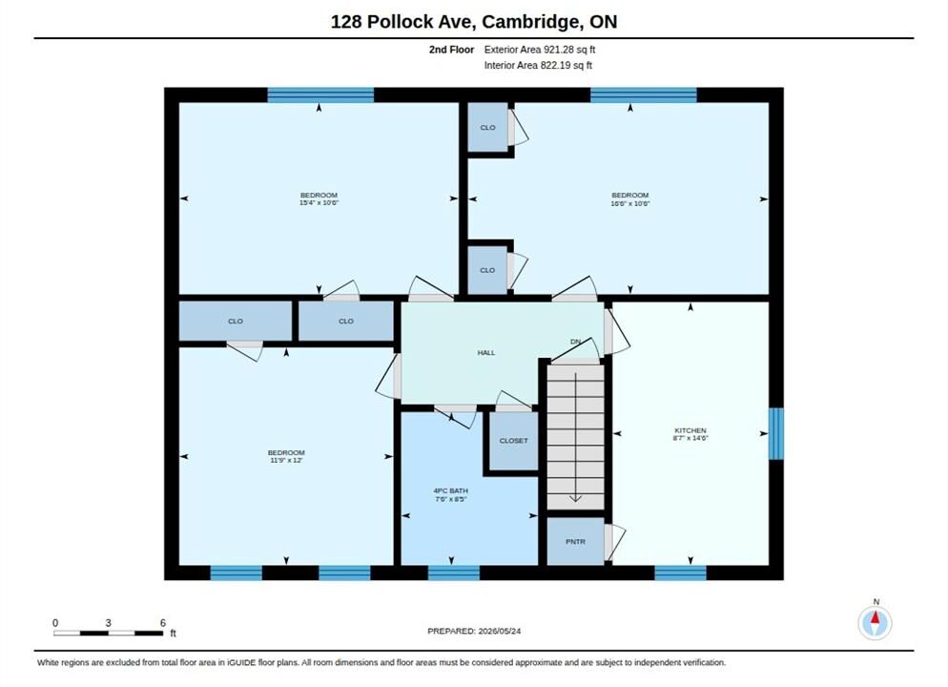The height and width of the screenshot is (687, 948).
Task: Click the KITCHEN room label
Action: click(x=690, y=430)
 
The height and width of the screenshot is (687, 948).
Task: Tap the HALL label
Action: click(x=486, y=353)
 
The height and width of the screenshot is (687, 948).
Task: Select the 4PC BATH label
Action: click(x=450, y=491)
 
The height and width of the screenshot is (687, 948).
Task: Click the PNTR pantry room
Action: click(x=576, y=542)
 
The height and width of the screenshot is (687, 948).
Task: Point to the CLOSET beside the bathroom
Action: click(x=513, y=441)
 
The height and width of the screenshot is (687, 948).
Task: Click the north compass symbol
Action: click(x=875, y=622)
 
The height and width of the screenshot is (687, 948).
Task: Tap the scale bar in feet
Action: click(x=108, y=634)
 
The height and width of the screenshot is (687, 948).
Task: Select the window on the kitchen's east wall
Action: click(x=775, y=433)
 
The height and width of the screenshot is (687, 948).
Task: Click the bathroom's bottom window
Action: click(x=453, y=572)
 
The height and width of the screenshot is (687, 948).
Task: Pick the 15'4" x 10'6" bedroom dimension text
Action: click(x=319, y=203)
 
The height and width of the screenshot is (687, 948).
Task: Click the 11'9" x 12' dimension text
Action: click(x=286, y=460)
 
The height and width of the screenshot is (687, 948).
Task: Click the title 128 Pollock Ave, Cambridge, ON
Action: click(x=473, y=22)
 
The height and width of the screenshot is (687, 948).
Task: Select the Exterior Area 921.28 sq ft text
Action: click(x=539, y=50)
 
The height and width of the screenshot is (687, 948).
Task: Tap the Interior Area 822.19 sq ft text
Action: click(x=538, y=65)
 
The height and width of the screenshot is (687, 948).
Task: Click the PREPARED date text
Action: click(x=474, y=631)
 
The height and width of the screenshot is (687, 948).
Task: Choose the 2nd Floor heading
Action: click(x=452, y=50)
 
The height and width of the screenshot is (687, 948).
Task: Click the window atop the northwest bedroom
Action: click(x=320, y=95)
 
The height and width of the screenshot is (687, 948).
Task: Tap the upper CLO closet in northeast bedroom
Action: click(x=487, y=128)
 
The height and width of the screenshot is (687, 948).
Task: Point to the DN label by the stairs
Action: click(x=575, y=342)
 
